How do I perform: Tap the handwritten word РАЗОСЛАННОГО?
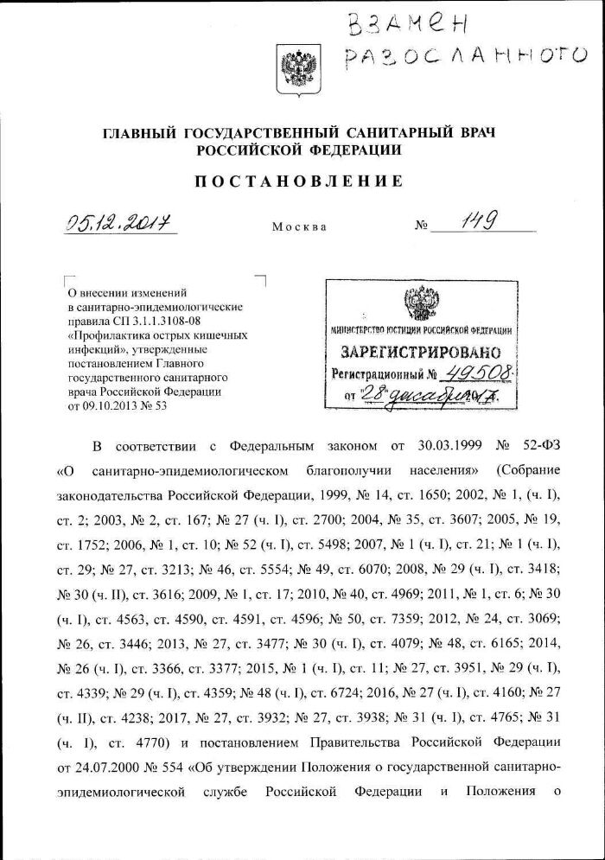465,58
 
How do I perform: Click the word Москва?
299,227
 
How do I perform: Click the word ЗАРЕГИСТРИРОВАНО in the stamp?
421,353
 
